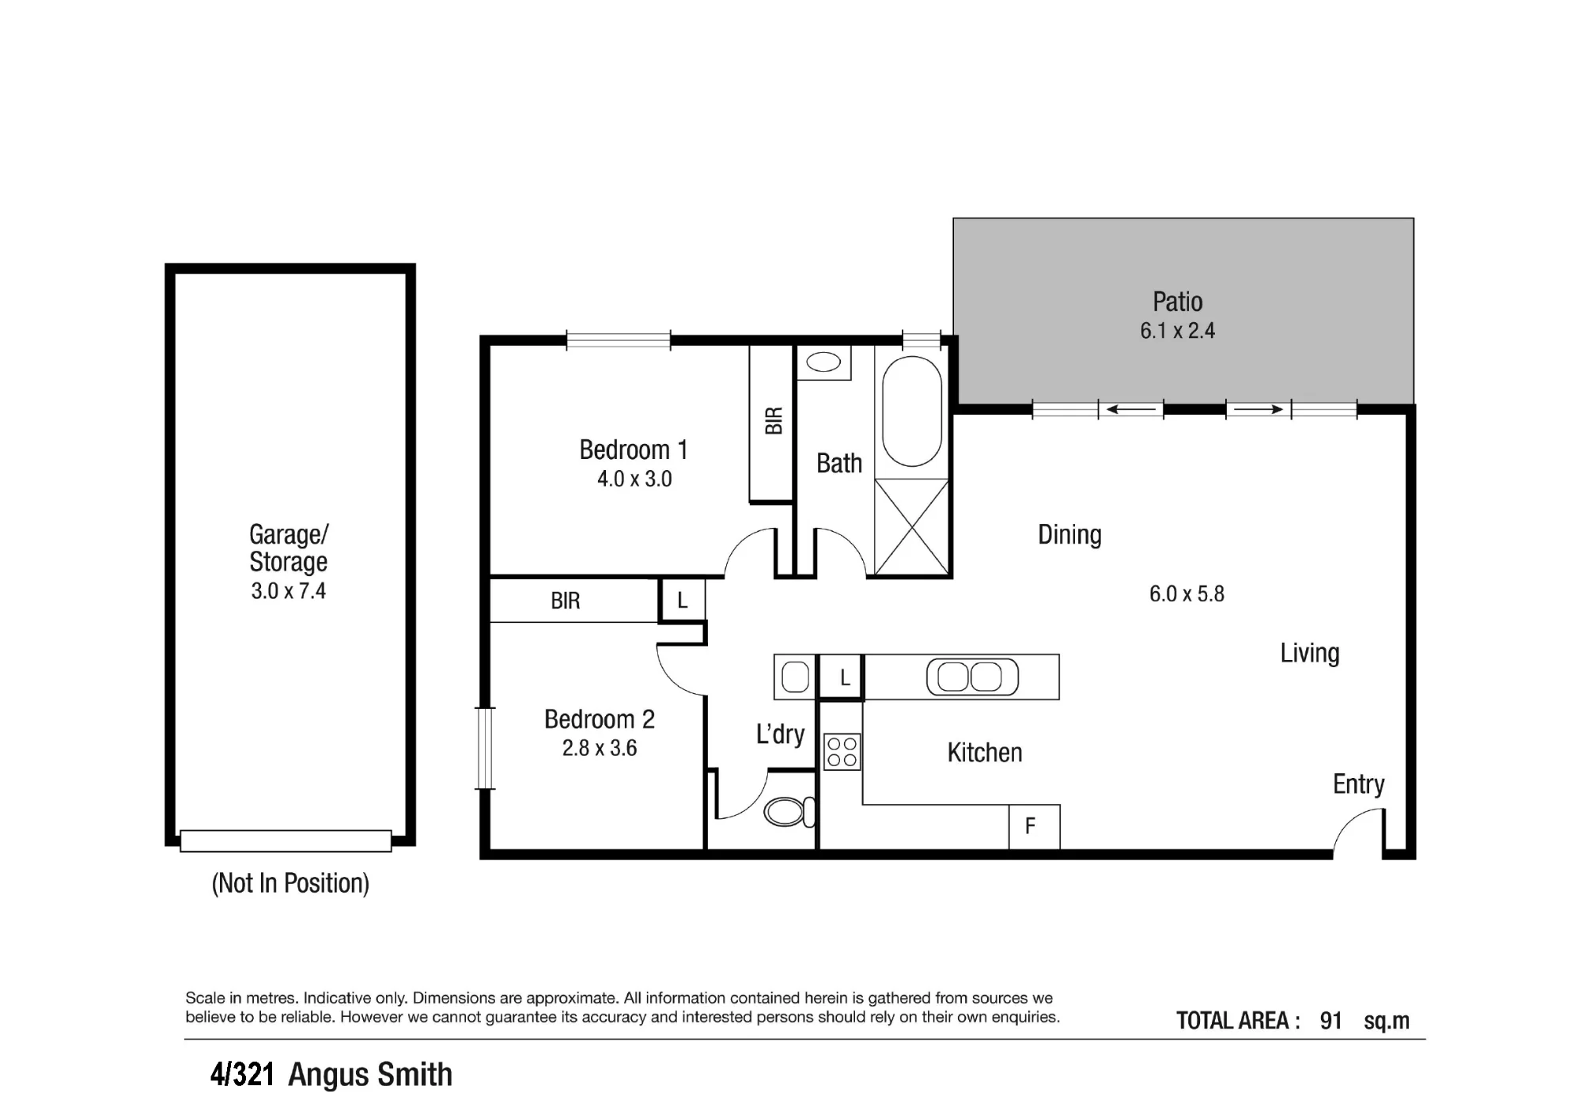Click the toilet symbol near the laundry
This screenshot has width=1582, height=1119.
pyautogui.click(x=789, y=811)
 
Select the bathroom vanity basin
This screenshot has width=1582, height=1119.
pyautogui.click(x=823, y=362)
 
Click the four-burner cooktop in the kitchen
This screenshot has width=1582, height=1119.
pyautogui.click(x=842, y=752)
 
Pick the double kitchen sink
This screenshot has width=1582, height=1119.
pyautogui.click(x=972, y=677)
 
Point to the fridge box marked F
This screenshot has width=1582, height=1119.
pyautogui.click(x=1034, y=827)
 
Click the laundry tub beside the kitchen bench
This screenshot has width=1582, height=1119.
pyautogui.click(x=795, y=677)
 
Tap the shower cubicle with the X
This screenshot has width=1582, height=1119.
pyautogui.click(x=911, y=526)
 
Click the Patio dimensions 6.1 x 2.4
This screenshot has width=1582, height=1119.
pyautogui.click(x=1177, y=331)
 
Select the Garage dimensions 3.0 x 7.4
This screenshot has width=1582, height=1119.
pyautogui.click(x=289, y=591)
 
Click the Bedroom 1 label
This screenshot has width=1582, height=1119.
pyautogui.click(x=634, y=449)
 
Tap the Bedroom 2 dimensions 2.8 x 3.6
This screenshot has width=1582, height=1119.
pyautogui.click(x=600, y=748)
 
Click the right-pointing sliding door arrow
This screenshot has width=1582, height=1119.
pyautogui.click(x=1258, y=409)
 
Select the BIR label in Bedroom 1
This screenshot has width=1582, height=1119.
pyautogui.click(x=774, y=420)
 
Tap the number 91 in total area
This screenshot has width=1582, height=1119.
pyautogui.click(x=1331, y=1021)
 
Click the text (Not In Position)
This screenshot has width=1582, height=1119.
pyautogui.click(x=290, y=883)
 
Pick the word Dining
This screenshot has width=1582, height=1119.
pyautogui.click(x=1069, y=536)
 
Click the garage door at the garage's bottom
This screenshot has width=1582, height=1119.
pyautogui.click(x=286, y=840)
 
